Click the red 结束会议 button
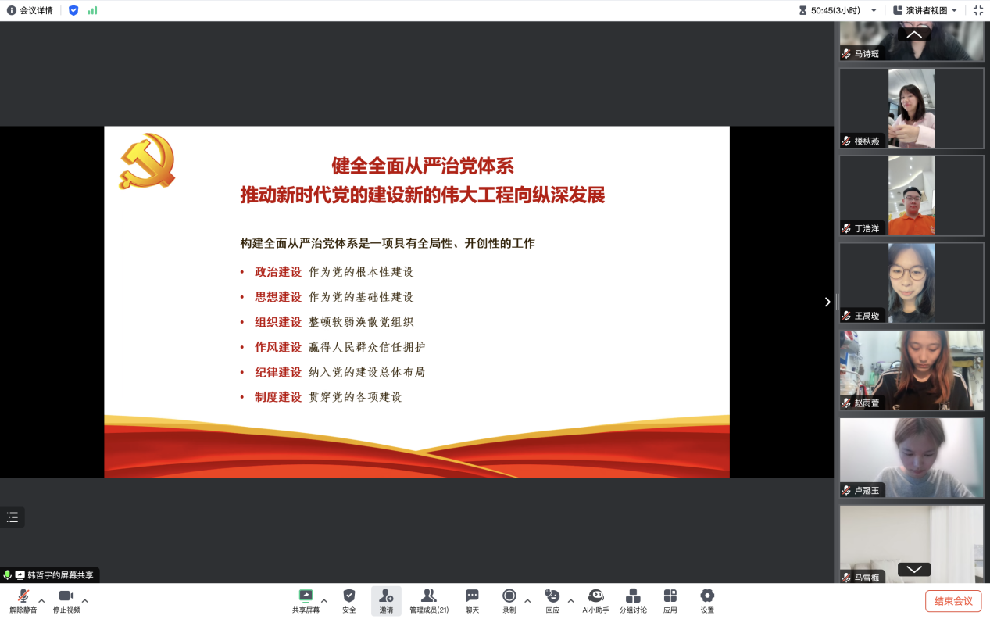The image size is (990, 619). click(952, 601)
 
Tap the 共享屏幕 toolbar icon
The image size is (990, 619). click(306, 596)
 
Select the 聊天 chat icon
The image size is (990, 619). click(472, 596)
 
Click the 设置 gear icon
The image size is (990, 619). click(707, 596)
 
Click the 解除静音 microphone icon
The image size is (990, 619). click(23, 596)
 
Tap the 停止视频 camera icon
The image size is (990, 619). click(66, 596)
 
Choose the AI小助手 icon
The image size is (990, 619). click(595, 596)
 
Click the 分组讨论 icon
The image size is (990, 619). click(633, 596)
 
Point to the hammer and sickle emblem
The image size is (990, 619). click(148, 161)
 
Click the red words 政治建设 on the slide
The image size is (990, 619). click(278, 272)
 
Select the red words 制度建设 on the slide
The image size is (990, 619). click(278, 397)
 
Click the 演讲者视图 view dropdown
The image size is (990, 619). click(925, 10)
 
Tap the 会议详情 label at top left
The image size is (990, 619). click(36, 10)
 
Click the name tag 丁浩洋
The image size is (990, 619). click(867, 228)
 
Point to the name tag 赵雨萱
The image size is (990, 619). click(867, 403)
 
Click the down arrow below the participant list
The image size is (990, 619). click(914, 569)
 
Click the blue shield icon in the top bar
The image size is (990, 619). click(73, 10)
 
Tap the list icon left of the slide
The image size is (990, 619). click(13, 517)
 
